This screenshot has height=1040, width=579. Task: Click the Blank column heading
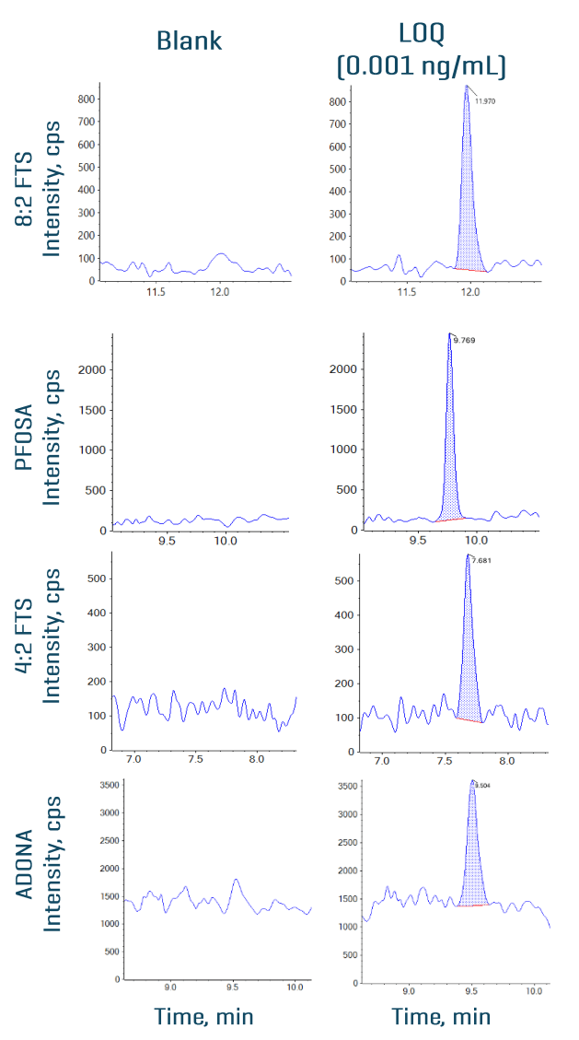click(x=189, y=41)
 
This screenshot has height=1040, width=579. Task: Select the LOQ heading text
click(x=422, y=35)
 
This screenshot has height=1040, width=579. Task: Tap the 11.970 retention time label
click(x=485, y=101)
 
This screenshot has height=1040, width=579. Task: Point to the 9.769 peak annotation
click(x=464, y=341)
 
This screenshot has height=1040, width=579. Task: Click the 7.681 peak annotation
click(x=483, y=560)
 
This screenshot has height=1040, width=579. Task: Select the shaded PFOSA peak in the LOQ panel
click(x=449, y=461)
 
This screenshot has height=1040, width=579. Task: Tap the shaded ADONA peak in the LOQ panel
click(x=472, y=866)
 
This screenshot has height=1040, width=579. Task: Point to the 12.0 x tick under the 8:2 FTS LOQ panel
click(x=471, y=292)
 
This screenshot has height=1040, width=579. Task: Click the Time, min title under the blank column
click(x=203, y=1016)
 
